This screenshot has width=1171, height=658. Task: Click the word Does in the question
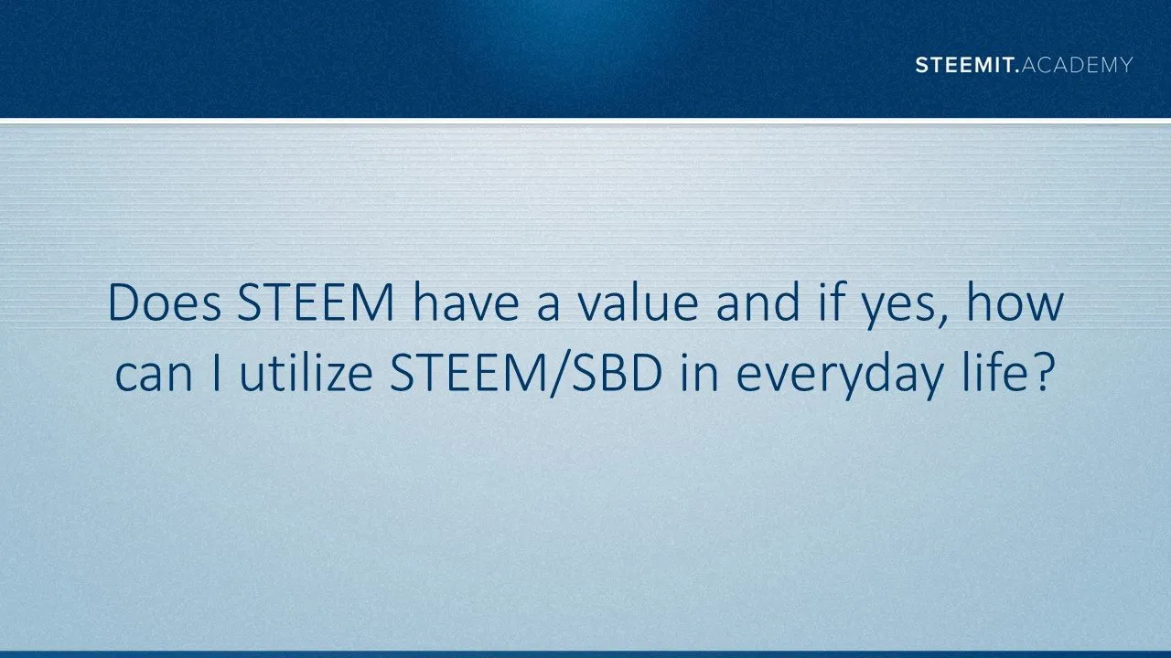(164, 302)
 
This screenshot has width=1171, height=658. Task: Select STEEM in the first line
(316, 302)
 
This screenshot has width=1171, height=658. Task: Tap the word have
(467, 302)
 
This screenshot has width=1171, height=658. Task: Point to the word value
(638, 302)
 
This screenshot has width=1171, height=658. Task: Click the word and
(758, 302)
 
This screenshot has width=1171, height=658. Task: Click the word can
(154, 376)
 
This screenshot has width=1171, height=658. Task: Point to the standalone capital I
(217, 374)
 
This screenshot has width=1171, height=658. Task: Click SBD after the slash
(617, 374)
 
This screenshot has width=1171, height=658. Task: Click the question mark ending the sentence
(1040, 373)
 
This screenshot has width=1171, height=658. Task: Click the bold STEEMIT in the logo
(967, 65)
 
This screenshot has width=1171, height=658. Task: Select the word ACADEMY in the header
(1077, 65)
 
